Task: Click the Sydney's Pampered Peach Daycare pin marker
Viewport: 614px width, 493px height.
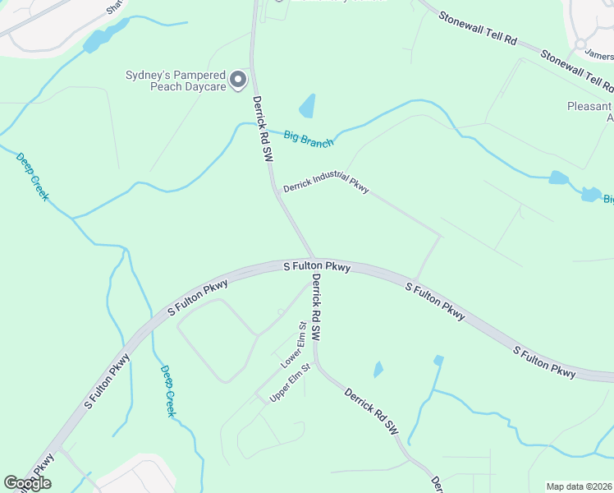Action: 238,80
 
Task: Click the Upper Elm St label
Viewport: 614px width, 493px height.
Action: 291,383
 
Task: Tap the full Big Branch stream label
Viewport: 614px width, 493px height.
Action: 309,138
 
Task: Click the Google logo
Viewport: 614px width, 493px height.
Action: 27,483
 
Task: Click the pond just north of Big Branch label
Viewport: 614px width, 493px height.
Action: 307,106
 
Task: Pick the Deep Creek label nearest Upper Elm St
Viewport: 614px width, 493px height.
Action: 167,391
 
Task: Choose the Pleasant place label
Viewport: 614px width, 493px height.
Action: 589,107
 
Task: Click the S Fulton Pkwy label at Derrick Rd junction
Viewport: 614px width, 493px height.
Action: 317,267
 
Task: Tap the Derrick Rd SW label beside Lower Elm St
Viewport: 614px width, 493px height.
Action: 314,308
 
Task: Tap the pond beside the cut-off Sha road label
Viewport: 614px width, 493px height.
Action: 100,37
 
